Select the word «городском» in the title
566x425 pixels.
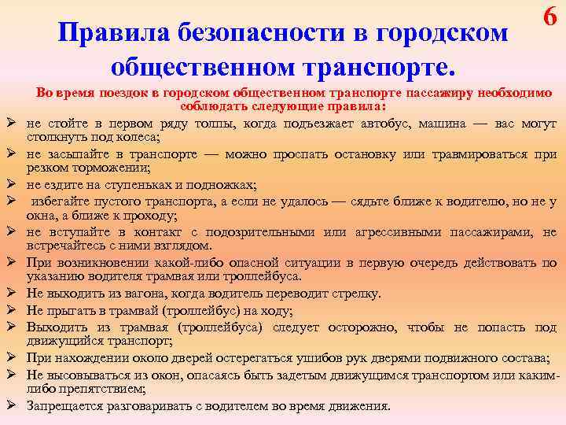(447, 32)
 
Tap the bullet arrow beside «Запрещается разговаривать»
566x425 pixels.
(13, 406)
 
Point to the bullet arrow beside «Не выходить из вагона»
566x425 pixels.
(13, 294)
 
